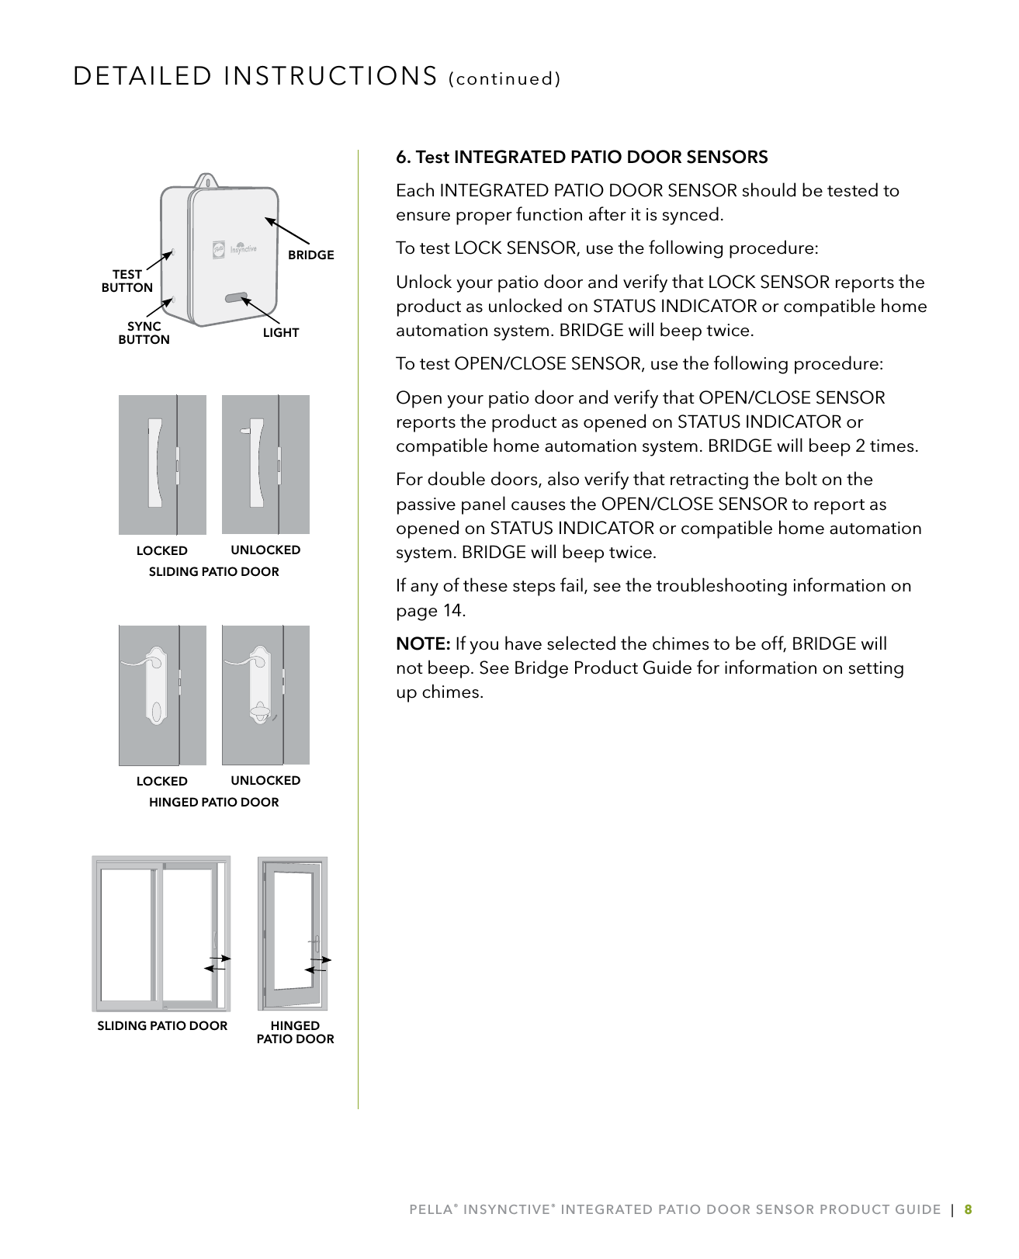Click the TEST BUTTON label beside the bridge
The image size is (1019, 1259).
[x=127, y=281]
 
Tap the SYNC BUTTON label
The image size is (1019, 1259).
[x=144, y=333]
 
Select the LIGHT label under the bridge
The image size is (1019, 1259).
[x=280, y=333]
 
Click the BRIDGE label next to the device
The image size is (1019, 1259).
[x=310, y=255]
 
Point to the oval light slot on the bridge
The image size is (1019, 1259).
[x=234, y=297]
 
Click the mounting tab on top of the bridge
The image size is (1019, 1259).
[x=206, y=181]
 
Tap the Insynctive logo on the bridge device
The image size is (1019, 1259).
[x=234, y=249]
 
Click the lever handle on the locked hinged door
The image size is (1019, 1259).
[x=144, y=662]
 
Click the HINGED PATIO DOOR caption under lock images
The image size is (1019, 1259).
[x=213, y=803]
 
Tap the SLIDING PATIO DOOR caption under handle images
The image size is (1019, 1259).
[x=213, y=572]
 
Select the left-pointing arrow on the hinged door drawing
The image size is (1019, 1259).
[x=315, y=970]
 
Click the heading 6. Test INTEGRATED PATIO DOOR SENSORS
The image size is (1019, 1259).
[x=581, y=158]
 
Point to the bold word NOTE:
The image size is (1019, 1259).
[x=423, y=644]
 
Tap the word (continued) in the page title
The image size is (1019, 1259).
[x=504, y=79]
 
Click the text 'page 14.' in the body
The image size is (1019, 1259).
[x=431, y=611]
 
